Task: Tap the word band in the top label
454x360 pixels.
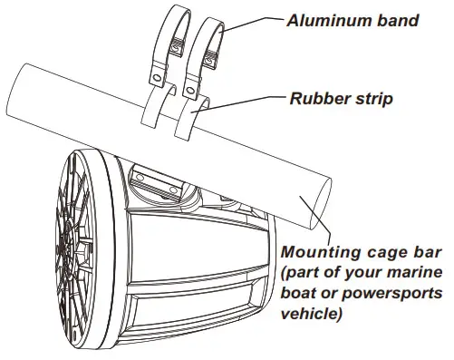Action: click(x=396, y=19)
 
